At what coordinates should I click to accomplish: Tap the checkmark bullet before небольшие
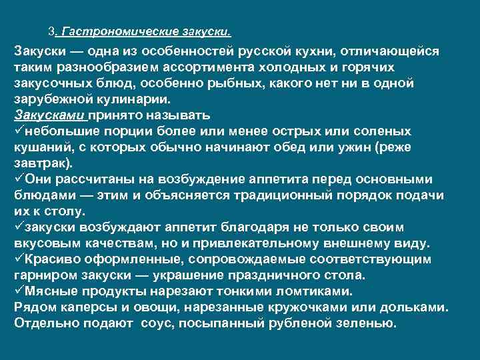[x=19, y=130]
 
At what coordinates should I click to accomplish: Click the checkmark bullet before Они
[x=19, y=179]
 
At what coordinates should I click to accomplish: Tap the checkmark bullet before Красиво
[x=19, y=259]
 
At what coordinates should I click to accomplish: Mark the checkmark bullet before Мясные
[x=19, y=291]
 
